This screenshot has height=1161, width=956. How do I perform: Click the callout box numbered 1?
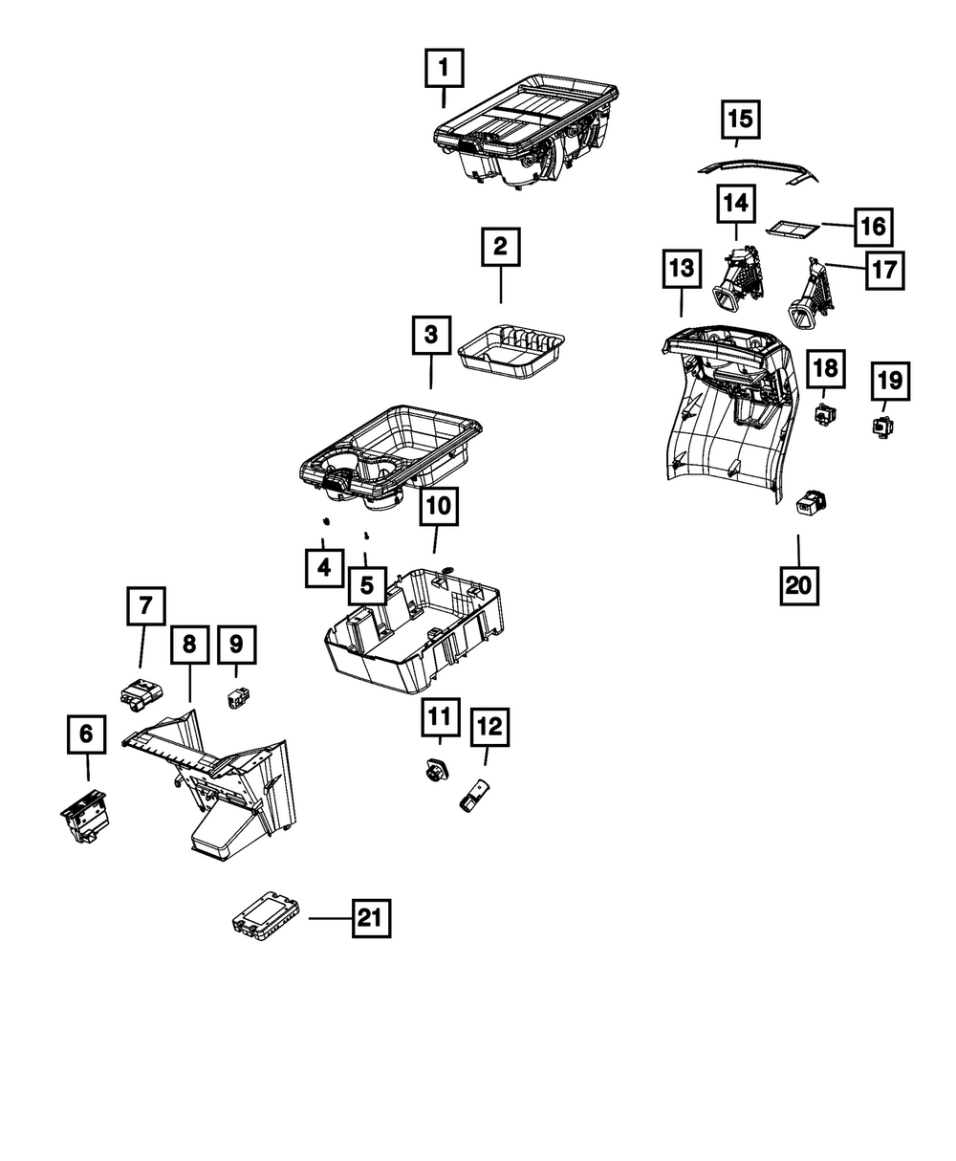(443, 68)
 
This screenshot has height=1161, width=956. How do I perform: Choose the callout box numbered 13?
(682, 270)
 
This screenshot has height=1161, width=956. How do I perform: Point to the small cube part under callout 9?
(236, 699)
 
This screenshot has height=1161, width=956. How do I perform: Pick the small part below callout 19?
(880, 425)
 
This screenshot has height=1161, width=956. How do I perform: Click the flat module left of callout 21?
(267, 911)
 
